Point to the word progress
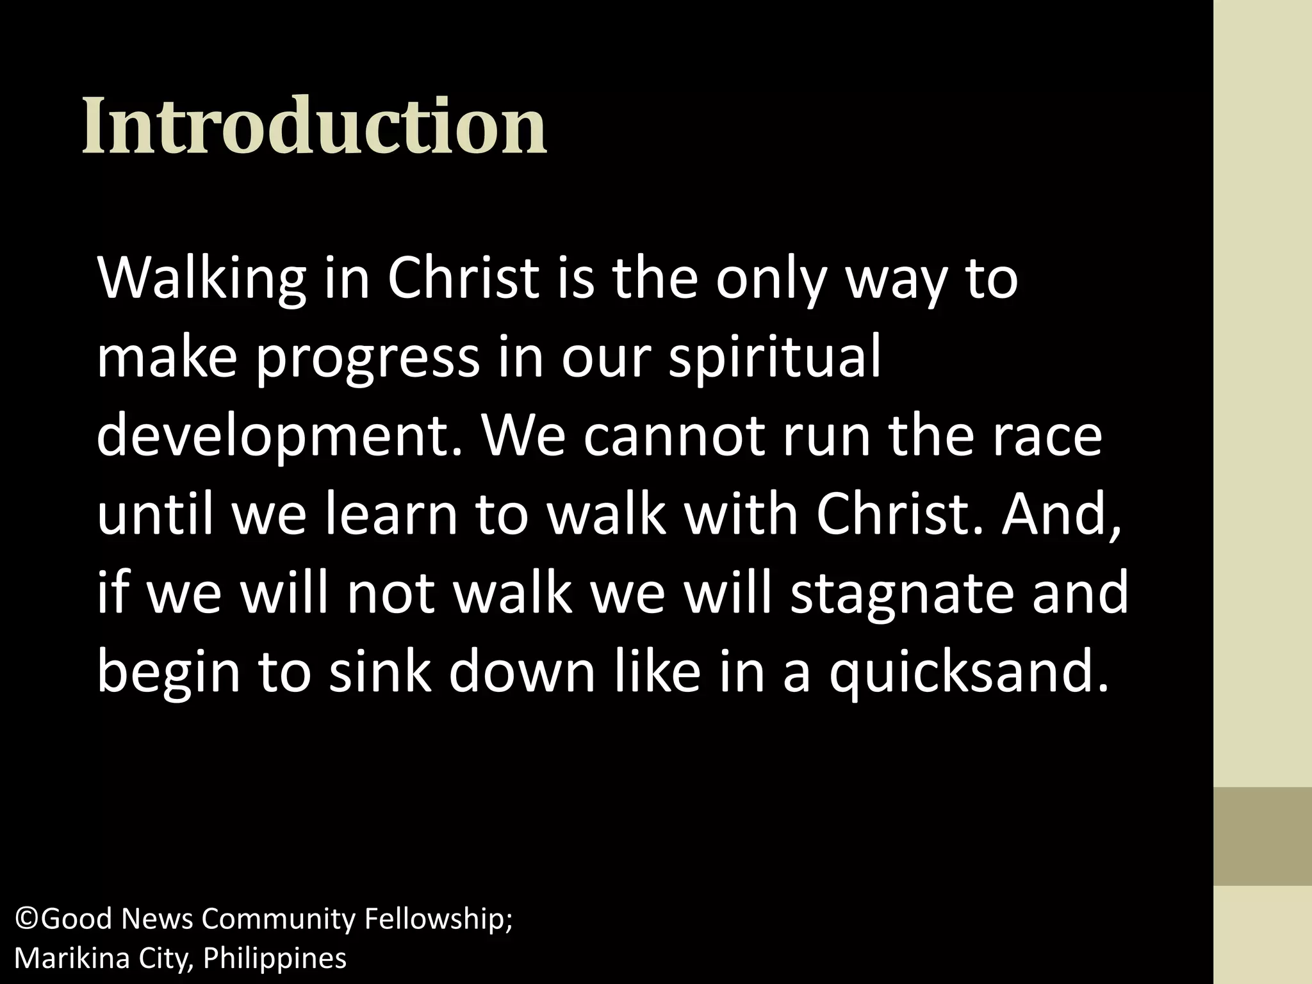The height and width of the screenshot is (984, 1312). pos(368,359)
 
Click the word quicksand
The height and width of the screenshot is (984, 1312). pos(968,675)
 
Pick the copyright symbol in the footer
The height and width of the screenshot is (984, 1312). pos(26,919)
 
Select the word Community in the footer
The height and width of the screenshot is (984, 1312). pos(278,919)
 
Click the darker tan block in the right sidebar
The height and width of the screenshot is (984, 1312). pos(1262,836)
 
